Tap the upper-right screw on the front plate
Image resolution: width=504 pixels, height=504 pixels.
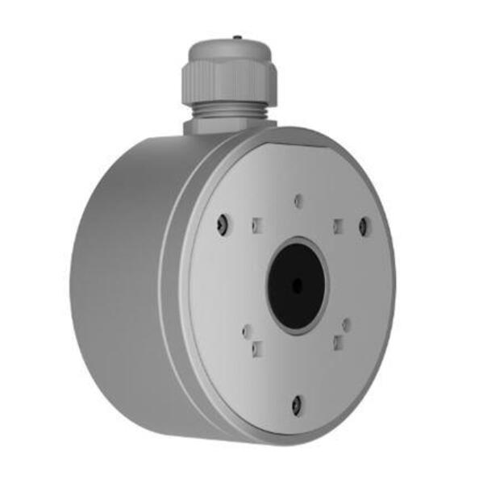tap(363, 227)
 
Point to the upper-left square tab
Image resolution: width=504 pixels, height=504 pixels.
tap(256, 225)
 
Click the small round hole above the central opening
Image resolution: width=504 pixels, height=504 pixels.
tap(298, 200)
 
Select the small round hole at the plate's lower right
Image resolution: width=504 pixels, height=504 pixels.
tap(347, 326)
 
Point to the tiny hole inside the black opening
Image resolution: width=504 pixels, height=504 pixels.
tap(297, 285)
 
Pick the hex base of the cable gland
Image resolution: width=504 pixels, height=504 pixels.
tap(230, 126)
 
